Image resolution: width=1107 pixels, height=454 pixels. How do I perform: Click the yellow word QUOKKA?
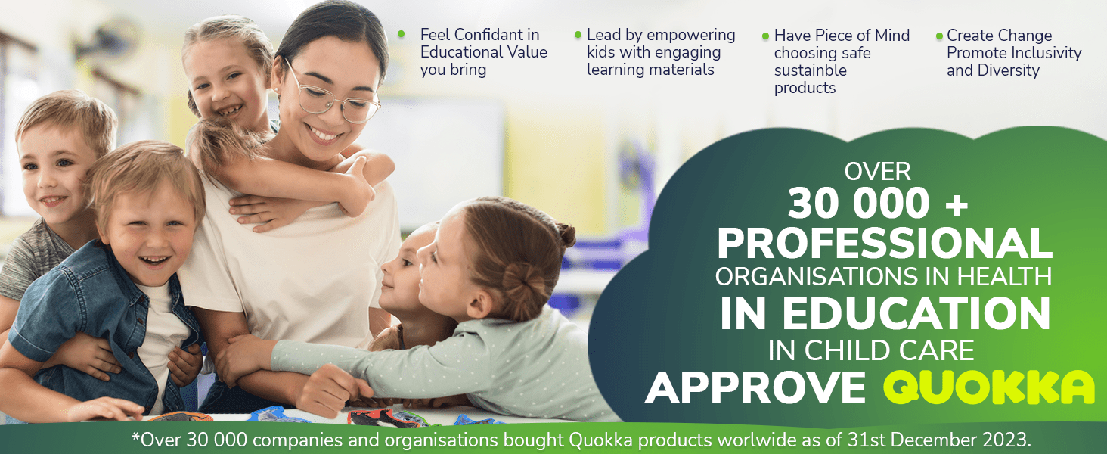(x=989, y=387)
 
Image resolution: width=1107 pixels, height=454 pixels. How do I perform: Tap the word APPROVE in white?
(x=755, y=388)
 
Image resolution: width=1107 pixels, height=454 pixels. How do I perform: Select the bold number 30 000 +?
(x=878, y=203)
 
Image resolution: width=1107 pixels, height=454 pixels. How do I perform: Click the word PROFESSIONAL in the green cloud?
(x=885, y=243)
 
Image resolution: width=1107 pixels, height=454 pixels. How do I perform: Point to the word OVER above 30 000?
(x=877, y=172)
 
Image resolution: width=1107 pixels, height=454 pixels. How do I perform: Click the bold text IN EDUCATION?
(x=885, y=313)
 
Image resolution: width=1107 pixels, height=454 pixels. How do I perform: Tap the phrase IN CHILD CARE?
(x=871, y=350)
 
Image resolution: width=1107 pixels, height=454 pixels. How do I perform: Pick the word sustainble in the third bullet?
(x=811, y=70)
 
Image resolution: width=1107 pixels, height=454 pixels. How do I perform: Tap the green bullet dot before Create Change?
(x=939, y=36)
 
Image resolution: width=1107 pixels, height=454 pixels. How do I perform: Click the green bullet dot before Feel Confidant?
(x=402, y=33)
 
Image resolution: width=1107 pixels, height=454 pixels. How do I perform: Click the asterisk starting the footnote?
(x=136, y=437)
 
